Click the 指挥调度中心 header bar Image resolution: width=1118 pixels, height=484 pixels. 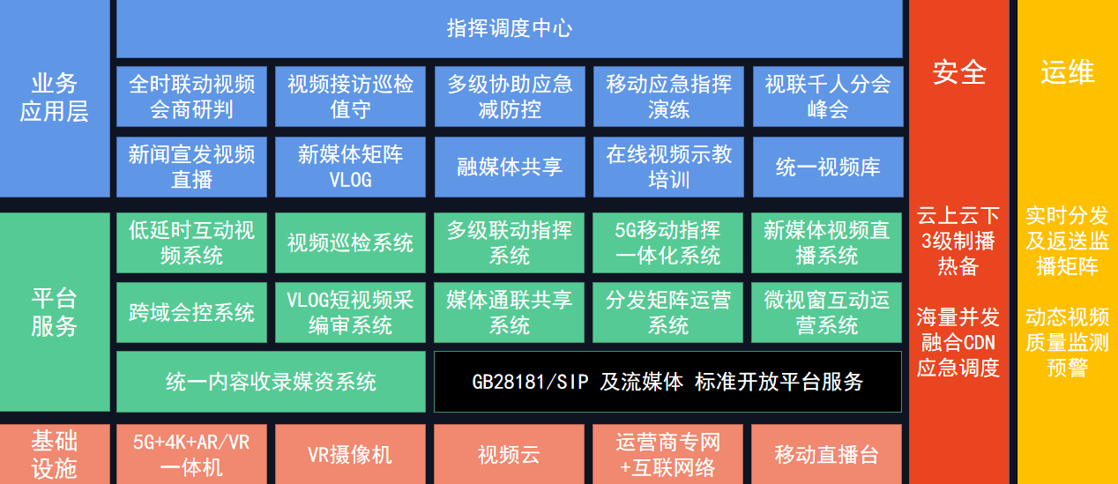(x=509, y=28)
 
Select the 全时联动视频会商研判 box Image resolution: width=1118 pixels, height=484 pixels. (x=191, y=96)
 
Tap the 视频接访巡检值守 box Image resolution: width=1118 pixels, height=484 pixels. (x=350, y=96)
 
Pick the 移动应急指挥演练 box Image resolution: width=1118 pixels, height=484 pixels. (x=668, y=96)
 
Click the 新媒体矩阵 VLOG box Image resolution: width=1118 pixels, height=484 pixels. (x=350, y=167)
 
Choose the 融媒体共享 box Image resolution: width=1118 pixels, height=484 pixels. (x=510, y=167)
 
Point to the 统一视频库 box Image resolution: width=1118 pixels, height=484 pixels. (x=828, y=167)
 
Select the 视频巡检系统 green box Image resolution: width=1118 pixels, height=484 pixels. (x=350, y=243)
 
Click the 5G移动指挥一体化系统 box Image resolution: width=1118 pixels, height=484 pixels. (x=667, y=243)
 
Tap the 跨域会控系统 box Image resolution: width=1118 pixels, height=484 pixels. (x=191, y=312)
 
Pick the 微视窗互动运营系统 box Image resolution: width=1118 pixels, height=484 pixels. (x=826, y=312)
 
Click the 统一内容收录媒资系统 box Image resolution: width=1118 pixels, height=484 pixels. (x=271, y=382)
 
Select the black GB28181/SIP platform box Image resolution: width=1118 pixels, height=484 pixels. (x=667, y=382)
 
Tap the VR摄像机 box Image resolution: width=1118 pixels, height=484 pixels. (x=350, y=454)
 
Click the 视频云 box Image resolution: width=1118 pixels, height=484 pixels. (x=509, y=454)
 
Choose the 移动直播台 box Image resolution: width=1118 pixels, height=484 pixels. (x=826, y=454)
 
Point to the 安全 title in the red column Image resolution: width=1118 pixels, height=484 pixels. (x=959, y=72)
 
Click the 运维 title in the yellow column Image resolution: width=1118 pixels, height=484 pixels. (x=1068, y=72)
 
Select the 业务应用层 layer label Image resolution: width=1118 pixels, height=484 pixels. (x=55, y=97)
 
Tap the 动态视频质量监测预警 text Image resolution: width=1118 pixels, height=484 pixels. (x=1067, y=343)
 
